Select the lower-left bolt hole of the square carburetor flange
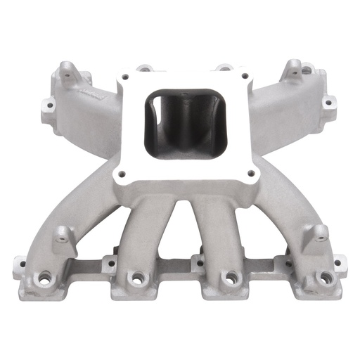pyautogui.click(x=122, y=173)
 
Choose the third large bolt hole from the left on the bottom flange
pyautogui.click(x=229, y=277)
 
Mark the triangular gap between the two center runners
pyautogui.click(x=179, y=225)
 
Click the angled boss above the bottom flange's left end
pyautogui.click(x=62, y=235)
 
